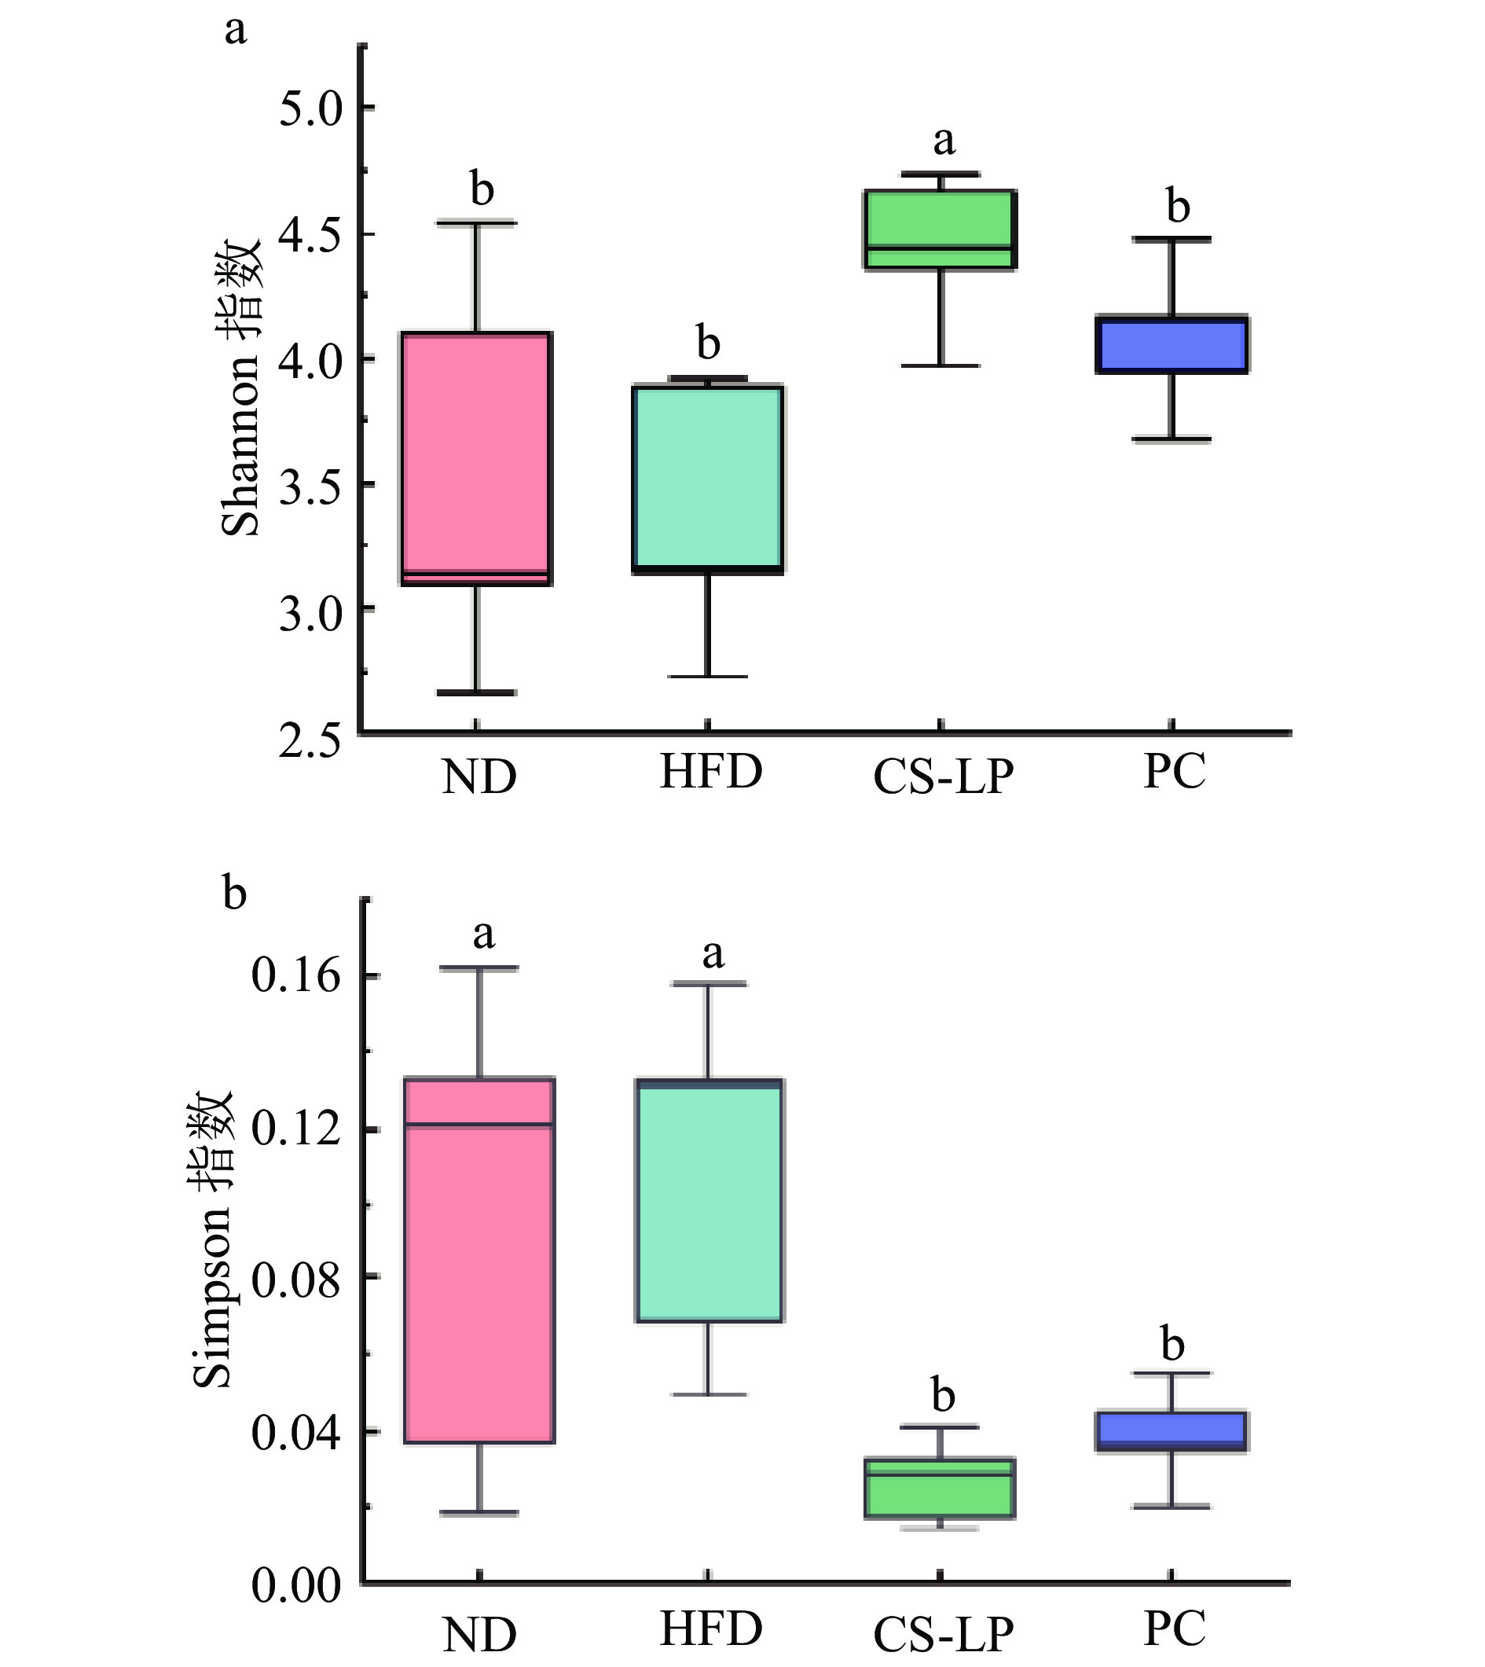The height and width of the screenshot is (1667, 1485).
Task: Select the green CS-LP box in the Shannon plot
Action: click(940, 229)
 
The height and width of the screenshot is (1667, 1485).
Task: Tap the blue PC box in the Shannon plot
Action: click(1172, 344)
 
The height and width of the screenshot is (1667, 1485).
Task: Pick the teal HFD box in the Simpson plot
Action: click(709, 1200)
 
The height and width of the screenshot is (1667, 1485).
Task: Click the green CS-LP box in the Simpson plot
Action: click(940, 1488)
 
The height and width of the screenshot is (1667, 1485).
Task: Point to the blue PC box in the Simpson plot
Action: click(1172, 1432)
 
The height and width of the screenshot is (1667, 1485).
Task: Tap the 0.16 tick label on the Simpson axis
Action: click(295, 976)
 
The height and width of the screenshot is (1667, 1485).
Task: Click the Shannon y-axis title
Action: click(241, 387)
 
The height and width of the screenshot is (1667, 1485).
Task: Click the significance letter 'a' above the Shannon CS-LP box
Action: click(944, 141)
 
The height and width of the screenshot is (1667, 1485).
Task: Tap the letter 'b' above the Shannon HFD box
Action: click(708, 343)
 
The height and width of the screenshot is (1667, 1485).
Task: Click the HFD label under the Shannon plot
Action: click(710, 772)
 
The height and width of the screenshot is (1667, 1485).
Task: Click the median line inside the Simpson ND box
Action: click(480, 1125)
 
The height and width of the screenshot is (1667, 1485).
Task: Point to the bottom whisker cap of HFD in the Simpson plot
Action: click(709, 1394)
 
